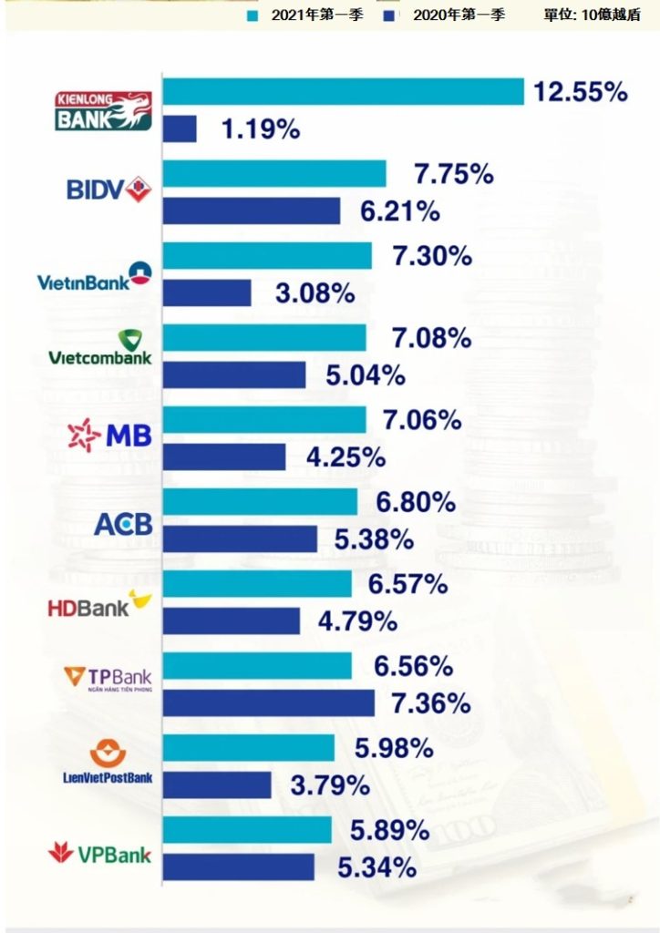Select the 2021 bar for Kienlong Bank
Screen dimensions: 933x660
343,92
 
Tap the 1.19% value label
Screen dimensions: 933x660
261,129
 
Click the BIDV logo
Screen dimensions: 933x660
108,189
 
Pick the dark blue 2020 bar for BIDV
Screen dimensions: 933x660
252,210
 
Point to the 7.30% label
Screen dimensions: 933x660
432,256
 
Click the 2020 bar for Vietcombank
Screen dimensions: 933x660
234,374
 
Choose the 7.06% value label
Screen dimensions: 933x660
423,420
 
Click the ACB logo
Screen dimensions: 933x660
123,525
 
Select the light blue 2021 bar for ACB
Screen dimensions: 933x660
260,502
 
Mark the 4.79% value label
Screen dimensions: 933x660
357,621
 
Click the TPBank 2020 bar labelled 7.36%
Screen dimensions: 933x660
269,702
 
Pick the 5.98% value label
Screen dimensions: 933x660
394,748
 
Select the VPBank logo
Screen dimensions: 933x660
99,855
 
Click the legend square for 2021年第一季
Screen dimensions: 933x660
253,15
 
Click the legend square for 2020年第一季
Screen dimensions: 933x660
391,15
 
